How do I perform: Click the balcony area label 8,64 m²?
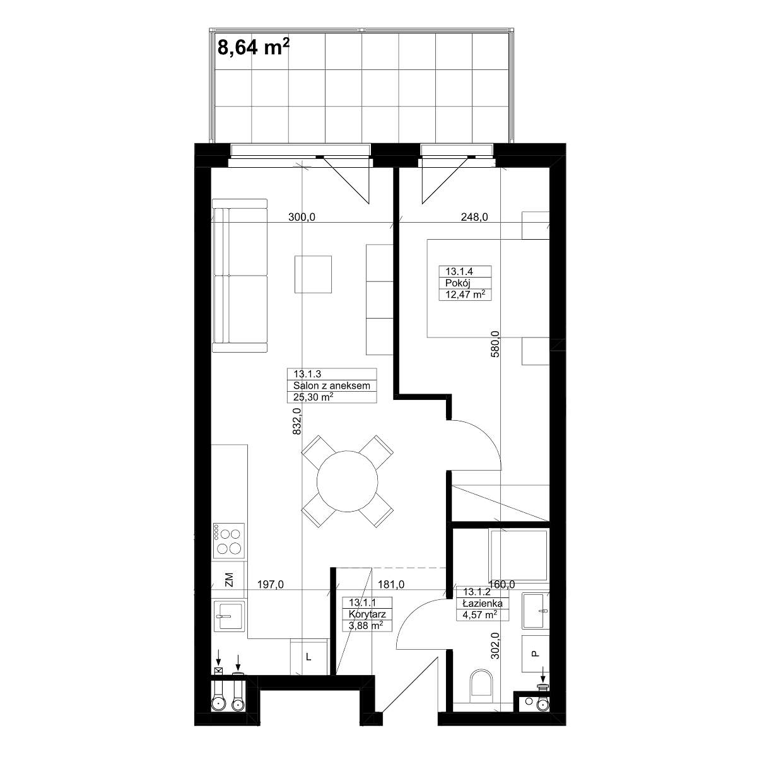coord(254,47)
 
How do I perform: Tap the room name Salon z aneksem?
coord(332,385)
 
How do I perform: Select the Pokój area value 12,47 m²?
coord(465,294)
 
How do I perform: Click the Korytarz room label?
coord(367,614)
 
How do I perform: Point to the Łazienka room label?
coord(483,604)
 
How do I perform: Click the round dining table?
coord(347,481)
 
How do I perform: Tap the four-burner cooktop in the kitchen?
coord(228,541)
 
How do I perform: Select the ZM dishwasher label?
coord(229,580)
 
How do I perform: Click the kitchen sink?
coord(228,616)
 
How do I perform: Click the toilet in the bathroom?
coord(481,688)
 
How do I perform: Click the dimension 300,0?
coord(302,217)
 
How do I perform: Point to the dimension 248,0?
coord(474,217)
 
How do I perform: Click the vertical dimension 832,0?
coord(297,421)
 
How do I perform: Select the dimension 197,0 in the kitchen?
coord(270,585)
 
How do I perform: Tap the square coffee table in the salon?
coord(313,274)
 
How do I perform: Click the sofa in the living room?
coord(240,276)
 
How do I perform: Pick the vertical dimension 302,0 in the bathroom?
coord(495,645)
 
